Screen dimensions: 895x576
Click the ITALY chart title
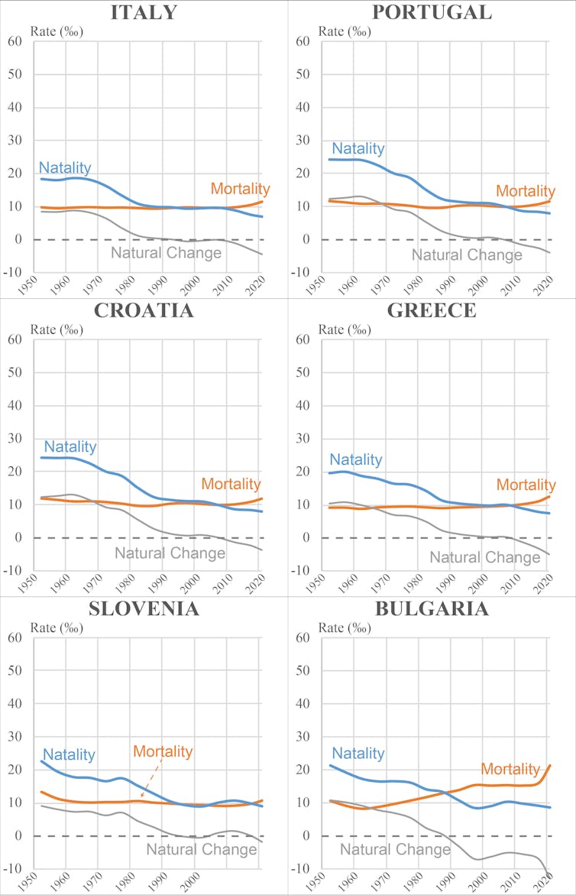(144, 12)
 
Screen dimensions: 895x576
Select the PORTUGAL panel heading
(432, 12)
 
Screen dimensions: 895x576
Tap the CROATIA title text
(144, 310)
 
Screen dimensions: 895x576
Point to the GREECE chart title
(432, 310)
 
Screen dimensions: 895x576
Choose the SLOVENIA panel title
(144, 608)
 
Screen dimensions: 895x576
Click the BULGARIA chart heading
(432, 608)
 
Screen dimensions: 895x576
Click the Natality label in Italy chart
(65, 168)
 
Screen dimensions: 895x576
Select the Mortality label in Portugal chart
(525, 191)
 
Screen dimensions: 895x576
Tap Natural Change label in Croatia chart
(169, 552)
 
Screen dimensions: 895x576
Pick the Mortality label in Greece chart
(526, 485)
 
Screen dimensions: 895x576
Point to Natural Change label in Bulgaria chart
(395, 848)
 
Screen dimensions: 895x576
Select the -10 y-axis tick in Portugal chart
(302, 273)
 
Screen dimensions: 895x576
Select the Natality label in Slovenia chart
(69, 755)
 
